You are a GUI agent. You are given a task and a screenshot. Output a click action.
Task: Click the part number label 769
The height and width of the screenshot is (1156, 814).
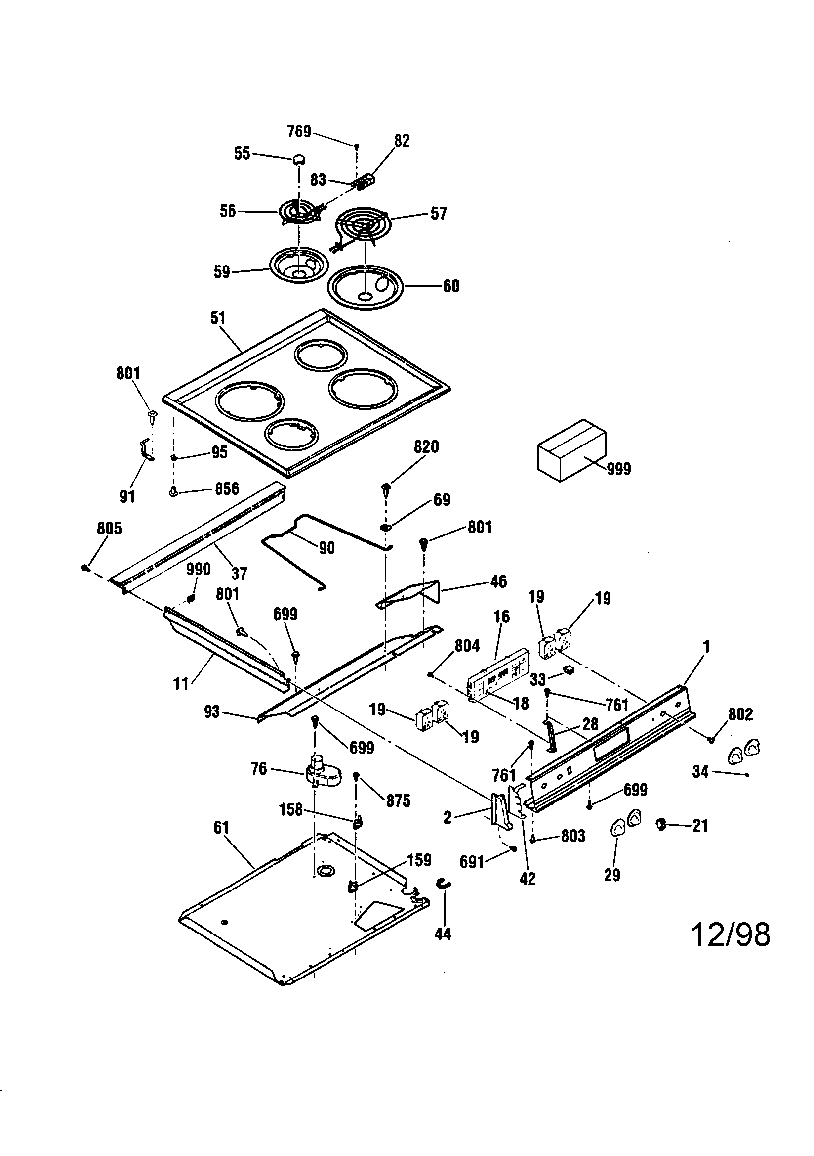click(x=299, y=132)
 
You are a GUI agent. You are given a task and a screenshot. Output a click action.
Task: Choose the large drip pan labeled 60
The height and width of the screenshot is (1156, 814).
click(x=366, y=288)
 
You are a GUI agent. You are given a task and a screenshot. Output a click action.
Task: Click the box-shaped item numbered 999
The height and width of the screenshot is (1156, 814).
click(x=571, y=449)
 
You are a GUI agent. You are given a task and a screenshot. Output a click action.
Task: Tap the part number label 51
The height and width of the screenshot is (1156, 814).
click(x=218, y=318)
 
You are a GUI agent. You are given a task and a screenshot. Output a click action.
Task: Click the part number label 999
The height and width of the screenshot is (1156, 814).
click(x=618, y=469)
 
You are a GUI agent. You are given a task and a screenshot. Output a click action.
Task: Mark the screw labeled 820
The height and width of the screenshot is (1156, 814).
click(x=386, y=489)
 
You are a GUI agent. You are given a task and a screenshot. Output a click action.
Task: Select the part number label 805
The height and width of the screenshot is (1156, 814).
click(x=109, y=528)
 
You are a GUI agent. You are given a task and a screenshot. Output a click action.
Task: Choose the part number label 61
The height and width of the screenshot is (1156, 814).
click(x=221, y=827)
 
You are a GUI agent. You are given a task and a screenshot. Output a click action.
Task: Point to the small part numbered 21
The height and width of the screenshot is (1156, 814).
click(x=661, y=824)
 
